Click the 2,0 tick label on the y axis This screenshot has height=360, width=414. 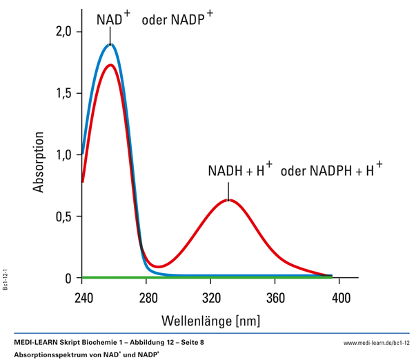[63, 32]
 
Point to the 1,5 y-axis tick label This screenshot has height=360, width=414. [63, 93]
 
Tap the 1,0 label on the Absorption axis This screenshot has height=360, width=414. [63, 154]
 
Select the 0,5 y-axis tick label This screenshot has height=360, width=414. [63, 217]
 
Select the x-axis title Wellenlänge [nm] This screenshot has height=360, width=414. [210, 321]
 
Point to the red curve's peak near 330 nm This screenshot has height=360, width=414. [228, 200]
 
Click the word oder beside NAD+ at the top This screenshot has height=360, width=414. [155, 21]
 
